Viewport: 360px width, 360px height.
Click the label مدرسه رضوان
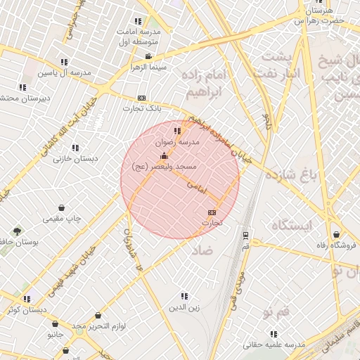click(182, 141)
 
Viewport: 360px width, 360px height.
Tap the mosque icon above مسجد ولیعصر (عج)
click(165, 155)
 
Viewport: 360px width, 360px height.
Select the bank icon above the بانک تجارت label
click(142, 98)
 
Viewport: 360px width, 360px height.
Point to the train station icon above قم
click(245, 236)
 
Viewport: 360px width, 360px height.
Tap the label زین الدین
click(185, 307)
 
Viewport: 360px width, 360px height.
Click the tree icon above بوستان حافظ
click(17, 231)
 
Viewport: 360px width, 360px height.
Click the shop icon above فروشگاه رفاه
click(337, 235)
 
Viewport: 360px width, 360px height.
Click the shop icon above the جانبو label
click(56, 324)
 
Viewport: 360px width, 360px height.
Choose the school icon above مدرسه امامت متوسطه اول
click(138, 22)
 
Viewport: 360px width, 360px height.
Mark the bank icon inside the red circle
click(212, 212)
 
